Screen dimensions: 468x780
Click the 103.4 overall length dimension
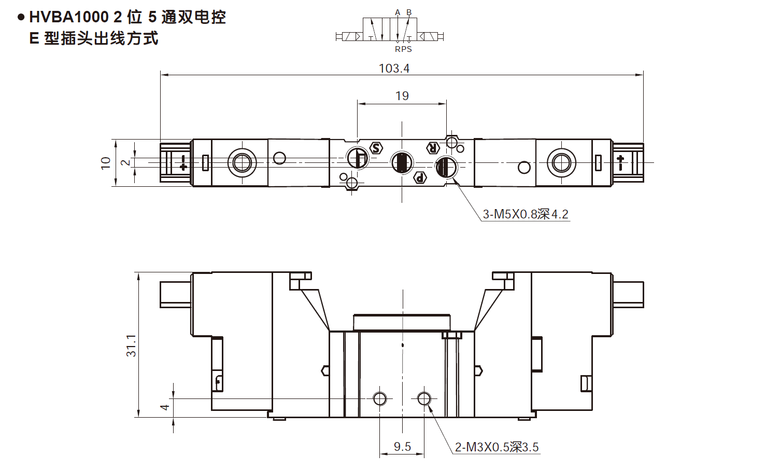[x=394, y=68]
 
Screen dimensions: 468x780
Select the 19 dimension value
[x=402, y=96]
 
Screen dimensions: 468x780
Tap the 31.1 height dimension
[x=131, y=345]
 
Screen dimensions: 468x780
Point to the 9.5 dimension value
[x=402, y=447]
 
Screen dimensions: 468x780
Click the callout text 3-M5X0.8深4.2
[x=526, y=214]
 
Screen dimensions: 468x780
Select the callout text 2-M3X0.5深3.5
[x=497, y=447]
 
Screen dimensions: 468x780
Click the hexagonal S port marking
[x=377, y=148]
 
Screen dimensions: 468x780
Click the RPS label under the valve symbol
[x=403, y=49]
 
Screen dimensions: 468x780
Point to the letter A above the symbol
[x=398, y=12]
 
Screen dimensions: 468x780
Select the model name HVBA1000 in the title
[x=69, y=17]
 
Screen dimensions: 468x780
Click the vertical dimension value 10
[x=106, y=163]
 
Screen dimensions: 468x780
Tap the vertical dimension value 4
[x=165, y=407]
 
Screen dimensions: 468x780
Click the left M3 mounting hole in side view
[x=380, y=398]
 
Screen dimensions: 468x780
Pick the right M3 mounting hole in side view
[x=424, y=398]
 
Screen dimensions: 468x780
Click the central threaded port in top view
[x=401, y=162]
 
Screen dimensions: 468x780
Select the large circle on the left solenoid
[x=242, y=162]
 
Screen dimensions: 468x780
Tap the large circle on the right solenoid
[x=561, y=162]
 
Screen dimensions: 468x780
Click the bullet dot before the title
[x=21, y=17]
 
